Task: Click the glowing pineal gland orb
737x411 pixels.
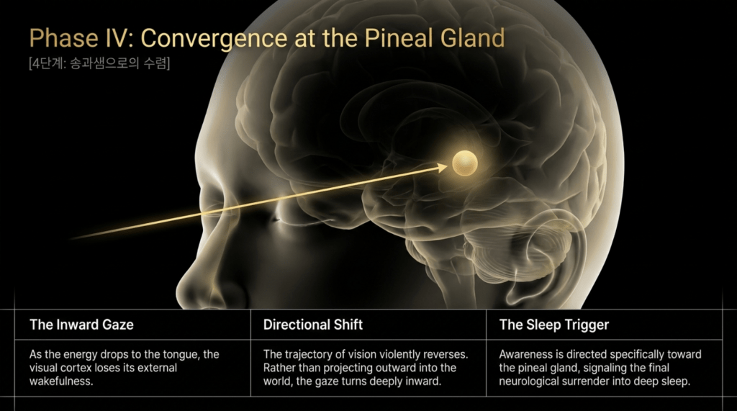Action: click(x=464, y=163)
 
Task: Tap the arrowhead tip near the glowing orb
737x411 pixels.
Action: click(x=447, y=166)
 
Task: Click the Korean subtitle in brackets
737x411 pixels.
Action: click(x=99, y=63)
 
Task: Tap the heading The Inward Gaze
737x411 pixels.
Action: click(x=81, y=325)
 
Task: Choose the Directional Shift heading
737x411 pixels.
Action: click(x=312, y=325)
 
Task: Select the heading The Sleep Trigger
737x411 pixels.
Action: click(x=553, y=325)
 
